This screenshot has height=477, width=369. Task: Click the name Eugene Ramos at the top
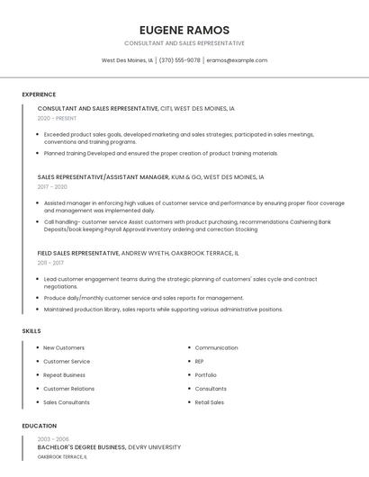184,30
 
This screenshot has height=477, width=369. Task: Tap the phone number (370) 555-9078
179,60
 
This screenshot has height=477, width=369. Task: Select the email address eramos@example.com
237,60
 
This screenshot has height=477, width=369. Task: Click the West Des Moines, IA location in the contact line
127,60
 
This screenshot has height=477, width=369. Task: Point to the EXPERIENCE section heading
39,94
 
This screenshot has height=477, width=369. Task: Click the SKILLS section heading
31,331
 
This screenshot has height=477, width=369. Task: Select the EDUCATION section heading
40,426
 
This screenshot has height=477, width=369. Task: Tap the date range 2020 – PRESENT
58,118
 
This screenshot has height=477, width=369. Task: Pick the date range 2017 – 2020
52,187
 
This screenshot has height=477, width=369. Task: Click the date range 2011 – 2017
50,263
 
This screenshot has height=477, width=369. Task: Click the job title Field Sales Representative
78,253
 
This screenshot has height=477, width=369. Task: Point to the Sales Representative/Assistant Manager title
103,177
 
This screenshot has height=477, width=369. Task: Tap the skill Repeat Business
64,374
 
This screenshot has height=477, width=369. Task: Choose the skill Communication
216,347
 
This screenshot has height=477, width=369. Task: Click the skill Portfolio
205,374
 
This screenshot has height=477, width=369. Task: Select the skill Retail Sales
209,402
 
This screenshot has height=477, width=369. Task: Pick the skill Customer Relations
68,389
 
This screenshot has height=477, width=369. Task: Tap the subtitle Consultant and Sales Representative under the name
184,43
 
